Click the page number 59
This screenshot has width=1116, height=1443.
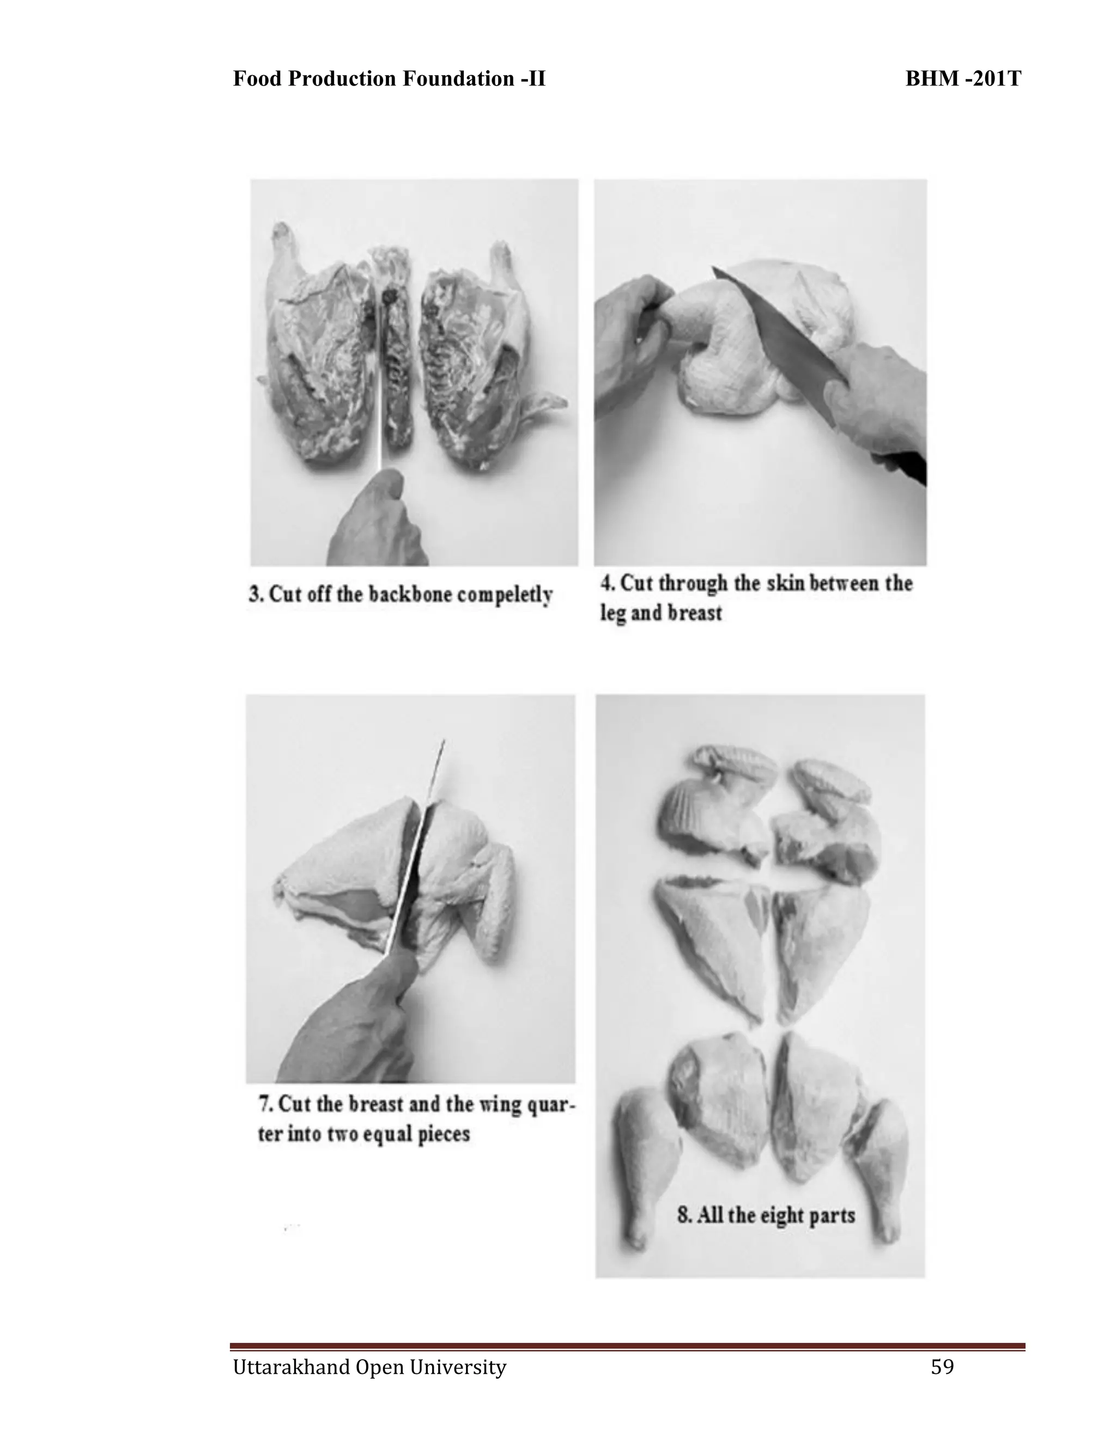click(942, 1366)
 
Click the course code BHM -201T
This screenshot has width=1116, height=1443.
click(963, 78)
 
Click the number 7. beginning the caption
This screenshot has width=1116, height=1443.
click(265, 1104)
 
